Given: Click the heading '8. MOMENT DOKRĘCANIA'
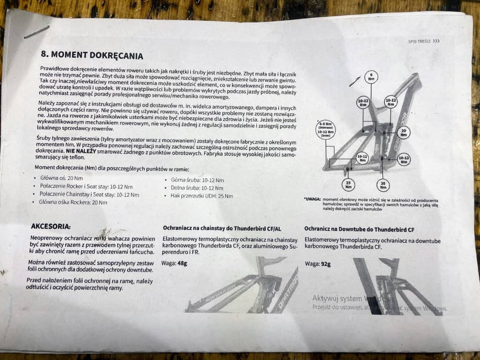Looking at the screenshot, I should pos(92,55).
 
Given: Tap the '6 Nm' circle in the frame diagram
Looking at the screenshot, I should pos(371,77).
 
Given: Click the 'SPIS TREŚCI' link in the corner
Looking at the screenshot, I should pos(424,41).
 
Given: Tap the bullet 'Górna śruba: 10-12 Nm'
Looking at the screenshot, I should pos(197,180).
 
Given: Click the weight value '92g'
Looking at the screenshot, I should pos(324,264).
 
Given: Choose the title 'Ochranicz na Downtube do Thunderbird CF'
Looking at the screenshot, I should pos(359,230).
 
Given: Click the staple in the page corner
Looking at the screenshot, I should pos(37,32).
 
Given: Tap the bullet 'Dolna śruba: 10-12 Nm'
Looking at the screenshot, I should pos(197,187).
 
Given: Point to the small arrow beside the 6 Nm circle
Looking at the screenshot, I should pos(355,81).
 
